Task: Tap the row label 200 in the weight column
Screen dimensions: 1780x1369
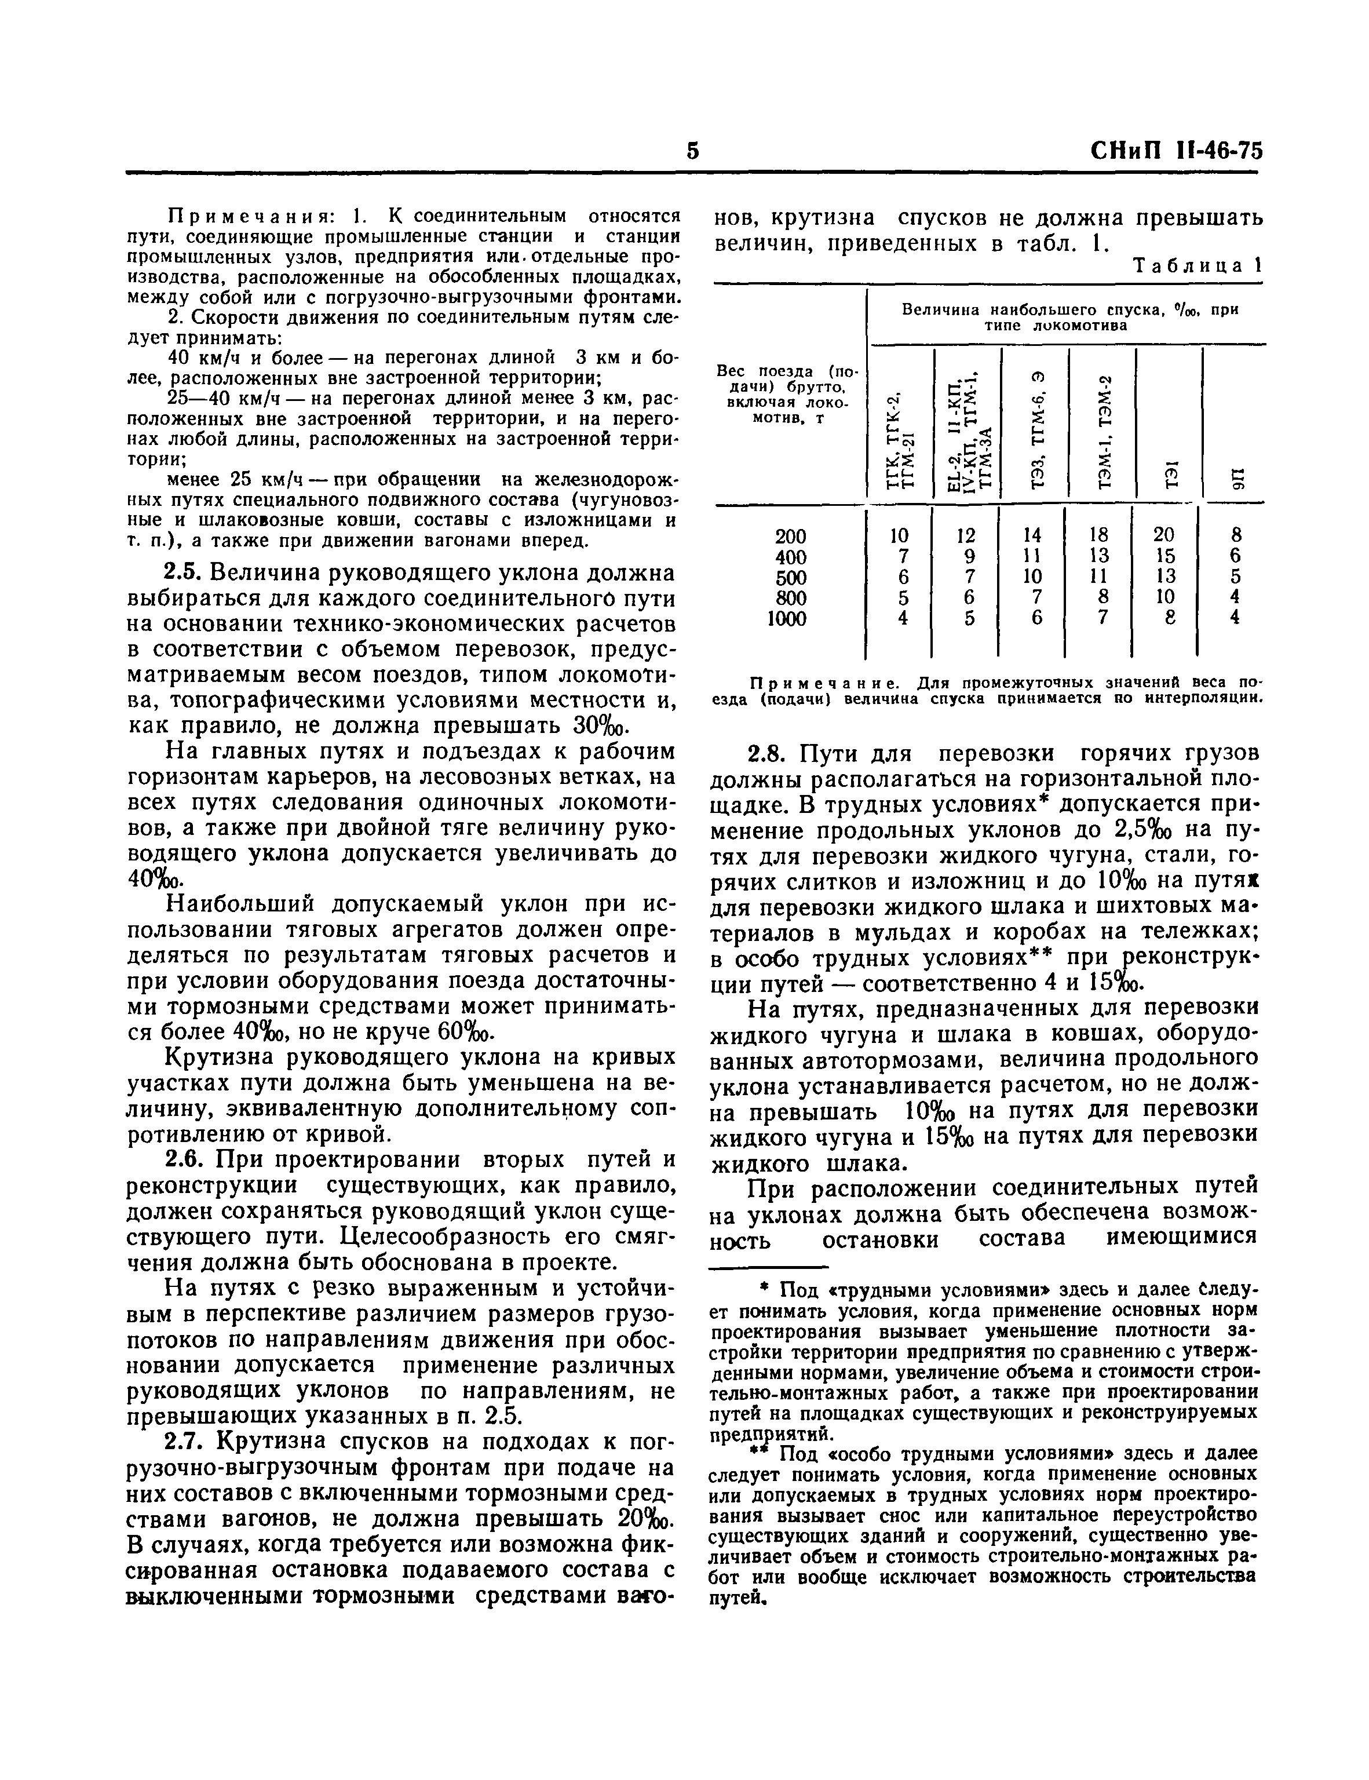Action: (790, 537)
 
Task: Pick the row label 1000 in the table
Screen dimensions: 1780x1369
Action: (787, 619)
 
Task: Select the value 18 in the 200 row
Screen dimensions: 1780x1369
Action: (1098, 535)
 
